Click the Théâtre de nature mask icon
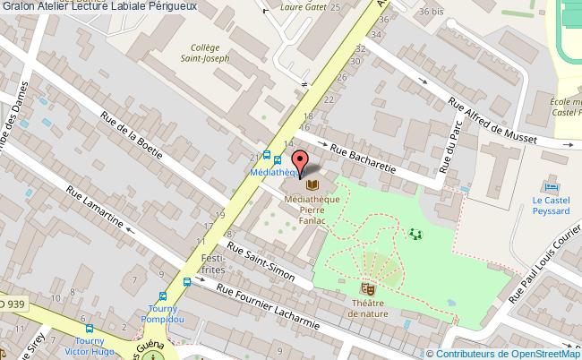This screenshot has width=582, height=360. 366,288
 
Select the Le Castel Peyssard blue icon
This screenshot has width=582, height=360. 551,187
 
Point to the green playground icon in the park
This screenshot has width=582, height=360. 415,234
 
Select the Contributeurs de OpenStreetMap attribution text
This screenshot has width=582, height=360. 509,352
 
